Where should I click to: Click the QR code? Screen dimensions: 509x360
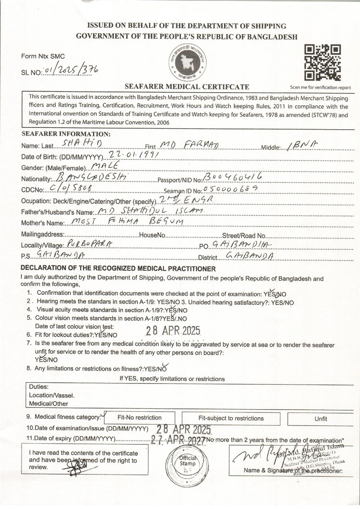322,63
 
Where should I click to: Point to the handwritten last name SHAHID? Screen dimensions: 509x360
82,144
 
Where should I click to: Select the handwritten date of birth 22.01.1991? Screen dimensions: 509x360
134,155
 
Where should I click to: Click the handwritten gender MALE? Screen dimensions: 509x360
105,165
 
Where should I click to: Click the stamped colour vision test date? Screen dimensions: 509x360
173,331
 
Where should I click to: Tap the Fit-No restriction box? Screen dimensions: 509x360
139,418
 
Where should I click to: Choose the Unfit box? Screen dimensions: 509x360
321,419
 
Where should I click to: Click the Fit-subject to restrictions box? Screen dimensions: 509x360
231,418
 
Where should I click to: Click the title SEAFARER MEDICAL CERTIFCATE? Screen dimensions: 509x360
187,87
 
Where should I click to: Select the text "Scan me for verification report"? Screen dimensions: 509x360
320,87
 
